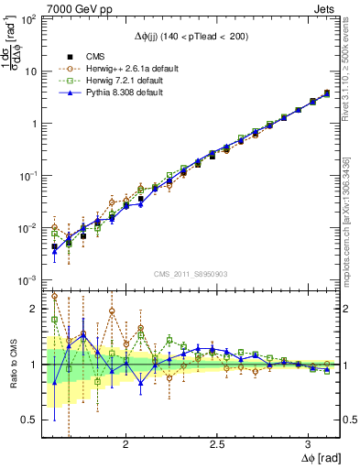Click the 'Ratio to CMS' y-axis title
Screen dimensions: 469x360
[x=12, y=365]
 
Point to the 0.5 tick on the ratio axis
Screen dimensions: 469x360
[x=29, y=420]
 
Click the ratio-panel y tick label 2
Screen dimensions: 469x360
[x=35, y=309]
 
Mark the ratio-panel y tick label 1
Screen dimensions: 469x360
[x=35, y=365]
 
